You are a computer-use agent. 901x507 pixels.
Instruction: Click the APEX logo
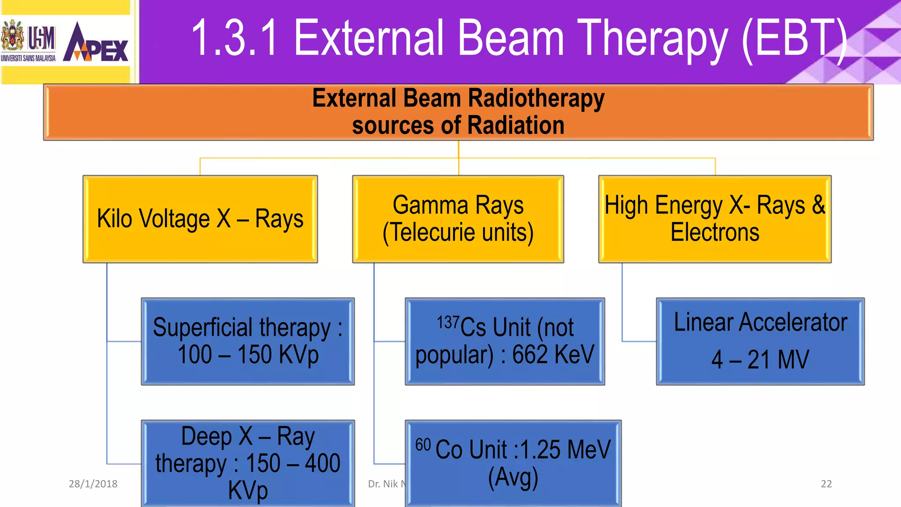(x=96, y=43)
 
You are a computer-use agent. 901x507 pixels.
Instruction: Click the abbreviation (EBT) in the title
(x=794, y=39)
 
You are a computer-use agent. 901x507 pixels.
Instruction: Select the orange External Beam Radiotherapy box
(x=458, y=112)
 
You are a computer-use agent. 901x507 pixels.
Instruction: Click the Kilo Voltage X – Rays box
(x=200, y=219)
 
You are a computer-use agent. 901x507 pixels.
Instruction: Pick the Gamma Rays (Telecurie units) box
(x=458, y=219)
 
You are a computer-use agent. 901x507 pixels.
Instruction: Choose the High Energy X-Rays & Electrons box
(x=715, y=219)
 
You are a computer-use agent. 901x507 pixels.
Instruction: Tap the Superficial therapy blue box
(x=248, y=342)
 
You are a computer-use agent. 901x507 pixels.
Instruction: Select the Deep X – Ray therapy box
(x=248, y=463)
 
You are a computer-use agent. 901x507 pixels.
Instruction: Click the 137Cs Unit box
(x=505, y=342)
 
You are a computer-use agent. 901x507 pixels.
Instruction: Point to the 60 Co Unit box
(x=513, y=463)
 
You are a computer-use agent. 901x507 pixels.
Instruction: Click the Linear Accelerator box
(x=760, y=342)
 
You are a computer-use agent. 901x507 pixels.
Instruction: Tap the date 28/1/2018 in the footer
(x=93, y=484)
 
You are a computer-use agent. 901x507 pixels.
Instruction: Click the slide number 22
(x=826, y=484)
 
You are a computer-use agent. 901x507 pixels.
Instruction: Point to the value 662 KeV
(x=553, y=355)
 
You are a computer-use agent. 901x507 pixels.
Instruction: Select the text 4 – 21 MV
(x=760, y=360)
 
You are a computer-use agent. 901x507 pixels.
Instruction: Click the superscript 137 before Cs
(x=448, y=323)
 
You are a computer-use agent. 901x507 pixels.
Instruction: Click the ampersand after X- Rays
(x=818, y=205)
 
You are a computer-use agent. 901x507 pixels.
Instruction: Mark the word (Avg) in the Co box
(x=513, y=478)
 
